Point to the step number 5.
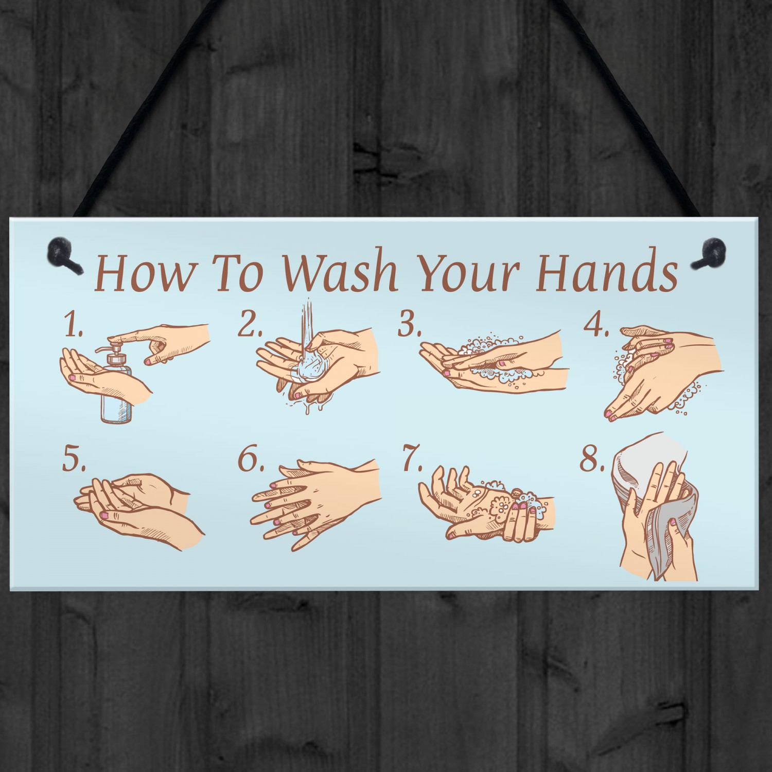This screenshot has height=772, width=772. (x=74, y=460)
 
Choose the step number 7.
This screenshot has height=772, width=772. (x=412, y=460)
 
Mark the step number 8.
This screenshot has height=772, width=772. (x=592, y=460)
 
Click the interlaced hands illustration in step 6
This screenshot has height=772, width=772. (x=315, y=502)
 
